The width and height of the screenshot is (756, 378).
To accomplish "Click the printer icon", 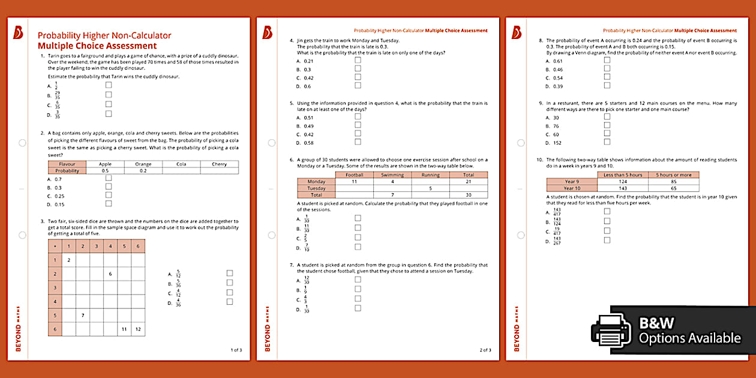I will pos(611,331).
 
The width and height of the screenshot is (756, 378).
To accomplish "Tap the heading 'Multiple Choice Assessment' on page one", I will pos(97,46).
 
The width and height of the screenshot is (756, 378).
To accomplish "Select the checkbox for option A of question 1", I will pos(109,85).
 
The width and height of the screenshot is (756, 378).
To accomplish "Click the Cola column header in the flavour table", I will pos(181,164).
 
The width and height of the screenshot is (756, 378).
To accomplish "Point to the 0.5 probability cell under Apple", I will pos(105,170).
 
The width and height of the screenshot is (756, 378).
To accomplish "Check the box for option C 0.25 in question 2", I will pos(109,196).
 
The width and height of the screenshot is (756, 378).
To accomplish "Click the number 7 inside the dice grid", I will pos(83,315).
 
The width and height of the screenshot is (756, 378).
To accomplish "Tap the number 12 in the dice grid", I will pos(137,329).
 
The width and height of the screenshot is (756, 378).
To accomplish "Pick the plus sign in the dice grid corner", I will pos(55,246).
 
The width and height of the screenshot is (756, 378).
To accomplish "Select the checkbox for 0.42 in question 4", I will pos(358,77).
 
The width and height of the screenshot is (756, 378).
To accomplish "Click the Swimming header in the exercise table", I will pos(392,175).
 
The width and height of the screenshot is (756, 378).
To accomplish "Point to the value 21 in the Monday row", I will pos(468,181).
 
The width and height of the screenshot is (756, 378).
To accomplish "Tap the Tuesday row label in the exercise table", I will pos(316,188).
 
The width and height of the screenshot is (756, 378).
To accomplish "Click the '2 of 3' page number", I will pos(485,350).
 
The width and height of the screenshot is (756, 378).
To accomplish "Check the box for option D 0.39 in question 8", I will pos(607,86).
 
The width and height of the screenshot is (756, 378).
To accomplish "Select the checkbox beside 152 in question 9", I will pos(607,143).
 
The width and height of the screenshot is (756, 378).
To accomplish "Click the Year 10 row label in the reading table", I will pos(572,188).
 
